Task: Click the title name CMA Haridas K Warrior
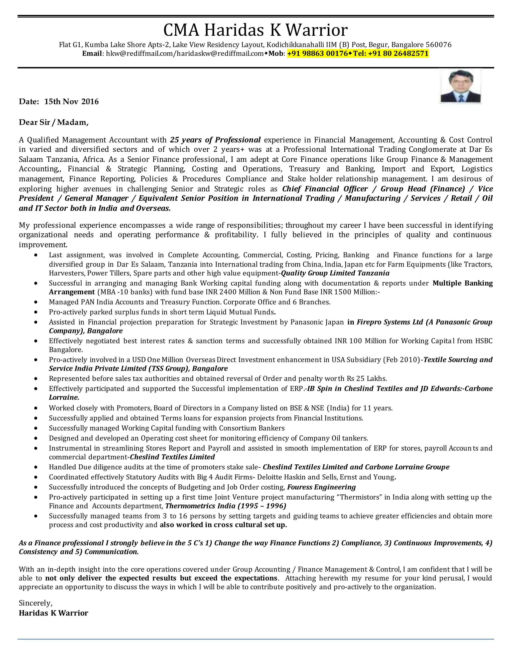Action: coord(255,30)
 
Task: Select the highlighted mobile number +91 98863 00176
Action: coord(317,54)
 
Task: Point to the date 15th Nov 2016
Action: coord(71,101)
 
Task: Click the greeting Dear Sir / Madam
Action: coord(54,122)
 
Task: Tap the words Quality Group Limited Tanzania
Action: coord(335,273)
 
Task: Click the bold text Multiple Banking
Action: coord(462,283)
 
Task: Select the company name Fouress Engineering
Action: coord(321,487)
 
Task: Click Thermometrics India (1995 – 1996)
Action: coord(226,506)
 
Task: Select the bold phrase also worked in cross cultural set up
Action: coord(223,525)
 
